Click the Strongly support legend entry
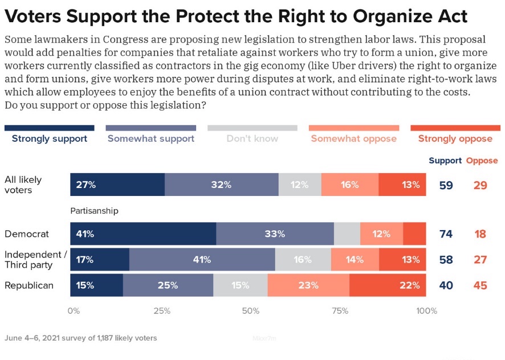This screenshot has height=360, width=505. coord(49,138)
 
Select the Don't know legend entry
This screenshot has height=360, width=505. coord(252,138)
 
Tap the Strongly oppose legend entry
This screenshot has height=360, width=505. coord(455,138)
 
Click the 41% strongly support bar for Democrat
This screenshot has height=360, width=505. coord(143,234)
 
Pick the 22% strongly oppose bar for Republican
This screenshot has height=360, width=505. coord(388,285)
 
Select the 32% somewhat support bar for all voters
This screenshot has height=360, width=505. coord(221,185)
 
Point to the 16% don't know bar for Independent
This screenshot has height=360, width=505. coord(303,259)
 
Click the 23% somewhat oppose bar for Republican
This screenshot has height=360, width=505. coord(308,285)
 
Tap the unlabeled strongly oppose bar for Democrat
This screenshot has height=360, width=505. coord(414,234)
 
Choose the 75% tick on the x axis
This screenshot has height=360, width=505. coord(340,311)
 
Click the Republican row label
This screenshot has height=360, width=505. coord(29,285)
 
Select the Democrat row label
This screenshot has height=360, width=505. coord(27,234)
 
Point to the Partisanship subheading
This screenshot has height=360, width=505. coord(94,211)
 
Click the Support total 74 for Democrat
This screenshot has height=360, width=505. coord(446,234)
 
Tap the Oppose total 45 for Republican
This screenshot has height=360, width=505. coord(480,285)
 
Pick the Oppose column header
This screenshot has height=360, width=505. coord(482,161)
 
